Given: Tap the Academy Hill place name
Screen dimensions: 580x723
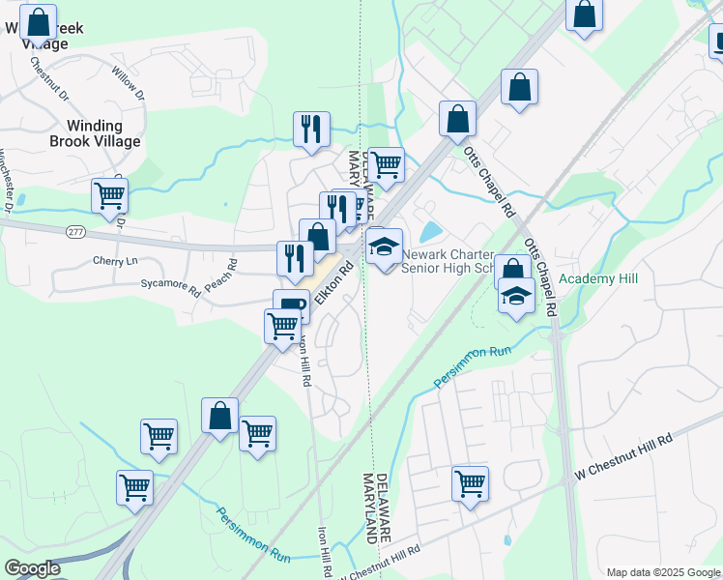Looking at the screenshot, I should click(x=598, y=278).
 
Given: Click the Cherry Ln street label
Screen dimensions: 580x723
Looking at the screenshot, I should click(x=117, y=262).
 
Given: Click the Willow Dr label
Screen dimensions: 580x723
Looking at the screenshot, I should click(x=127, y=84).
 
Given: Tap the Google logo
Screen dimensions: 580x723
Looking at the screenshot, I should click(x=32, y=568).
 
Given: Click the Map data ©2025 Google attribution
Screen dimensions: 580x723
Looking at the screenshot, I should click(x=663, y=572).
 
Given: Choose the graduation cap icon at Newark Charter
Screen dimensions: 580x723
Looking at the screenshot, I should click(x=384, y=246).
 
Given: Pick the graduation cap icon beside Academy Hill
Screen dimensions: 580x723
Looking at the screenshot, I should click(x=517, y=295).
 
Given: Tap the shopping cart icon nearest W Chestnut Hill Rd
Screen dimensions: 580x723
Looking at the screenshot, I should click(x=470, y=481).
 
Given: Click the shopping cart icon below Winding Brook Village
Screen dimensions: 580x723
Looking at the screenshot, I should click(x=109, y=194).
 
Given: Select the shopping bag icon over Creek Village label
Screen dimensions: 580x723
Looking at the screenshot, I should click(x=38, y=21).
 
